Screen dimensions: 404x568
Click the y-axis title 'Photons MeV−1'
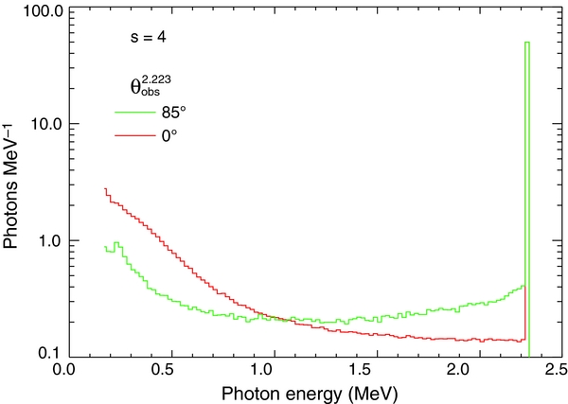pyautogui.click(x=12, y=189)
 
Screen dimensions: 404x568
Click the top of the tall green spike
pyautogui.click(x=527, y=43)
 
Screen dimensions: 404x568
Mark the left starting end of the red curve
pyautogui.click(x=104, y=188)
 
